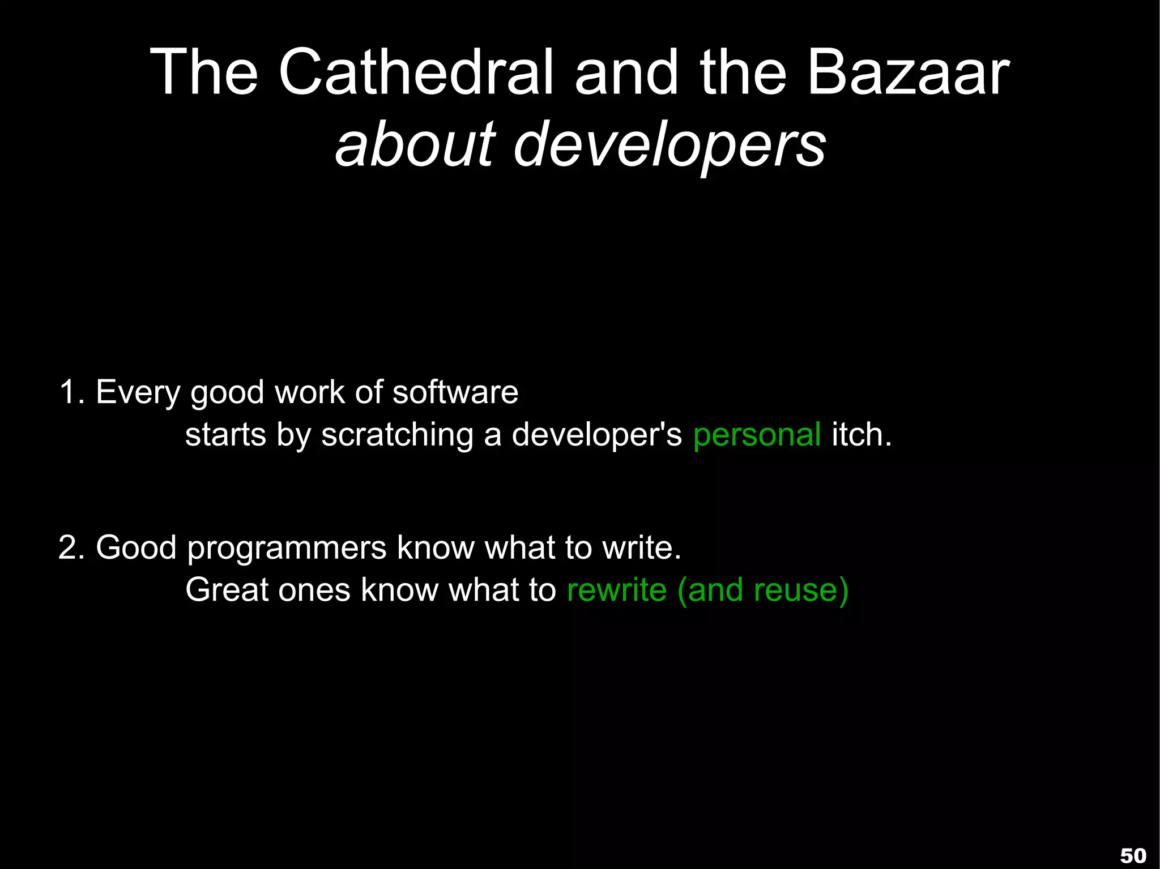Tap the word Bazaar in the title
[908, 72]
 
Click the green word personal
[757, 435]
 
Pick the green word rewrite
[616, 590]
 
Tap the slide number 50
[1133, 855]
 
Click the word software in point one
[455, 392]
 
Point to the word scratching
[397, 435]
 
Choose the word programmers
[287, 549]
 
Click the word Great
[227, 590]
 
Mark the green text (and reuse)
[762, 590]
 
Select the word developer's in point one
[596, 435]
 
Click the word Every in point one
[138, 393]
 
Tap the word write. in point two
[641, 547]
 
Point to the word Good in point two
[136, 547]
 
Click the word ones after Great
[314, 591]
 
